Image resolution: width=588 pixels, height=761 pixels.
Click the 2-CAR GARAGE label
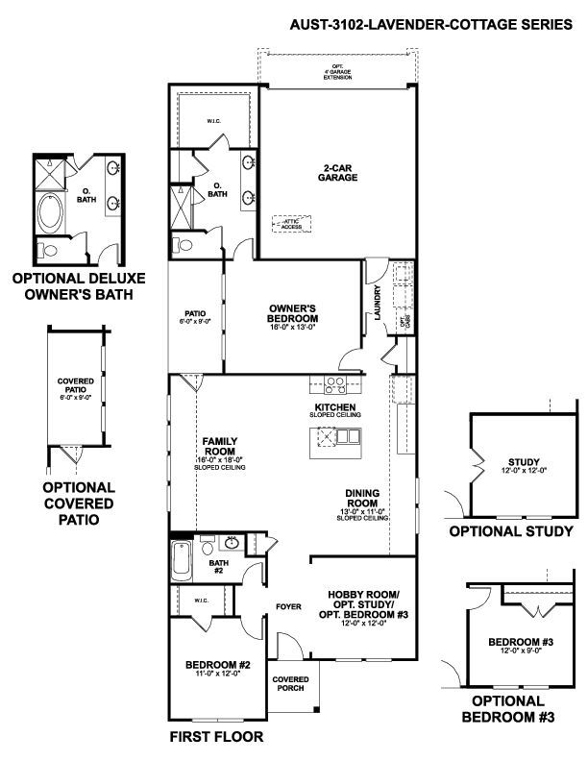(339, 173)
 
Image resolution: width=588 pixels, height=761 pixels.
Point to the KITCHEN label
(335, 408)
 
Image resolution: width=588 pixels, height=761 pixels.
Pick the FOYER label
(289, 606)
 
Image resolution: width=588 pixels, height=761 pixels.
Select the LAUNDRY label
(379, 302)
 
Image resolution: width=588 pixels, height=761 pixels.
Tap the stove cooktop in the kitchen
(335, 386)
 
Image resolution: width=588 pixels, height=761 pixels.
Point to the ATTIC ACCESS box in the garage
(289, 223)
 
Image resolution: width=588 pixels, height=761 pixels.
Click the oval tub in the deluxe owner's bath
(47, 212)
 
